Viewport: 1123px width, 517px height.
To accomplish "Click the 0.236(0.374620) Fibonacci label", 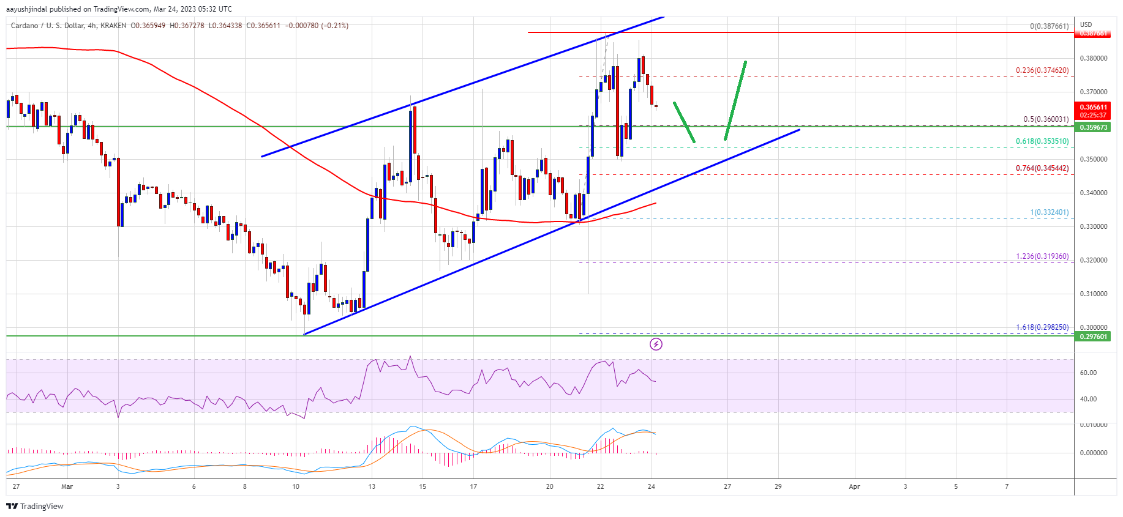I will click(x=1042, y=70).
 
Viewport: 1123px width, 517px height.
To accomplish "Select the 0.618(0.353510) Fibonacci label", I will click(x=1042, y=141).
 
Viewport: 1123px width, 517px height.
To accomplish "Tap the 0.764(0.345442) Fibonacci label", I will click(x=1042, y=168).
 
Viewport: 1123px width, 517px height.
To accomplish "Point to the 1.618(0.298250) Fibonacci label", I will click(x=1042, y=327).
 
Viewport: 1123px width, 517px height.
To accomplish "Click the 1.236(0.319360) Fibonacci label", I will click(x=1042, y=256).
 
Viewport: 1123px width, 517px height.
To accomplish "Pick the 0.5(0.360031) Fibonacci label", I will click(x=1045, y=119).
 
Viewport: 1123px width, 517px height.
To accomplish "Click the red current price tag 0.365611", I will click(x=1093, y=108).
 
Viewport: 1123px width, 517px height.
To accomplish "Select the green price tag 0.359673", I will click(x=1093, y=127).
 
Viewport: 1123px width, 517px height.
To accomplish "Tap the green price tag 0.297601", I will click(x=1093, y=337).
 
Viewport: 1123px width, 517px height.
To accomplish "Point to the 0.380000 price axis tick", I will click(x=1093, y=59).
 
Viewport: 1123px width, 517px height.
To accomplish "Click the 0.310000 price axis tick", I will click(x=1093, y=294).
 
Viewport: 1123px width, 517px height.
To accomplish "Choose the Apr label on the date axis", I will click(x=854, y=487).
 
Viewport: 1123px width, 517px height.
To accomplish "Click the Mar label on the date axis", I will click(x=67, y=487).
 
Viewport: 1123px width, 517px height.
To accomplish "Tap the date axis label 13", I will click(x=372, y=487).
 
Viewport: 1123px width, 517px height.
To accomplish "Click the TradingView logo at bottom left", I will click(x=35, y=506).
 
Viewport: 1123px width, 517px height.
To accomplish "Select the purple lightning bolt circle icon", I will click(x=656, y=344).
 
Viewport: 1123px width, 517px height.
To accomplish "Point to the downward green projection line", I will click(x=684, y=122).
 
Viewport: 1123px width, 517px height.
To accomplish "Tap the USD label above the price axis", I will click(x=1086, y=25).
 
